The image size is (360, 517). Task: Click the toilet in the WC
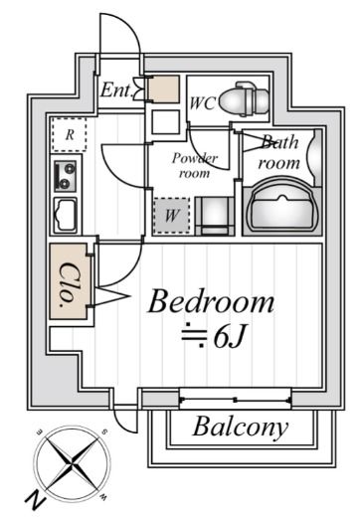245,98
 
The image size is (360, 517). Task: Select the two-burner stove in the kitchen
65,176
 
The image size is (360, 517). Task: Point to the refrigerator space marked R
69,135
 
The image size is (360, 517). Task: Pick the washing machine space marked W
171,216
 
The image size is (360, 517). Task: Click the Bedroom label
211,302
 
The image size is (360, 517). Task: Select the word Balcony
241,427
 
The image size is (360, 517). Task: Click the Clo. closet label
69,284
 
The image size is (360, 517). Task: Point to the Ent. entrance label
116,89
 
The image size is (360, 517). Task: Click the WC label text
202,102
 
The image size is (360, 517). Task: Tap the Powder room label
195,165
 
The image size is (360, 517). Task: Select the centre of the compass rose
72,463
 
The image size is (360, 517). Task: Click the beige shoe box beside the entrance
163,89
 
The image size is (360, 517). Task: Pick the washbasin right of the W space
215,216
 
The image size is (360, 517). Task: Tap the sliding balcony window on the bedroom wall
235,400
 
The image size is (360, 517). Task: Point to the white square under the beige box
166,122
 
